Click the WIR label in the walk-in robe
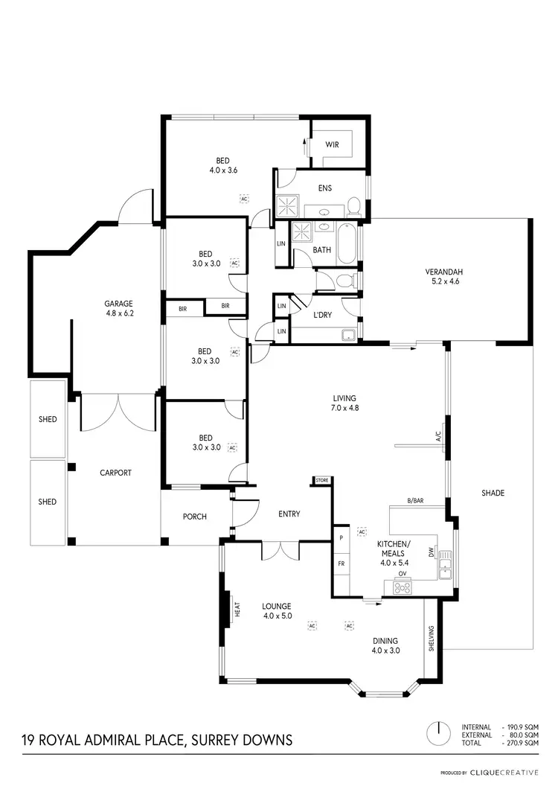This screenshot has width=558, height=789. pos(332,144)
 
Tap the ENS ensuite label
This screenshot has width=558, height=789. pos(324,188)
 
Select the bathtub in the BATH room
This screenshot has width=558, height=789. pos(347,246)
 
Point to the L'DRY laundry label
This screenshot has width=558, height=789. pos(322,316)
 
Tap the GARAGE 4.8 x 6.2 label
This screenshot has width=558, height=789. pos(118,308)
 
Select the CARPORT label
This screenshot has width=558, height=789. pos(116,473)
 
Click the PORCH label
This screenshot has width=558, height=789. pos(195,517)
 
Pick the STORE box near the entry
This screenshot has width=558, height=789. pos(321,481)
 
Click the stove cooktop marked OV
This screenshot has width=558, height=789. pos(403,587)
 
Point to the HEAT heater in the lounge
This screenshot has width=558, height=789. pos(237,610)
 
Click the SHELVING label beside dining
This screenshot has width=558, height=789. pos(431,638)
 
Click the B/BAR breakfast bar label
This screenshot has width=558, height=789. pos(415,500)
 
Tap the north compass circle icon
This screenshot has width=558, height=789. pos(440,732)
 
